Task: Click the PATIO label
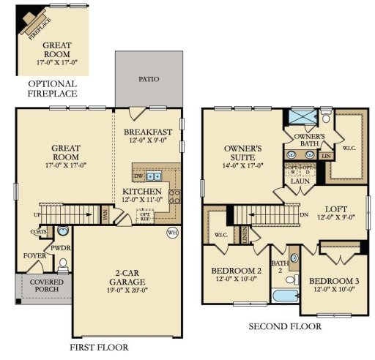(148, 80)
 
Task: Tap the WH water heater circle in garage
(173, 233)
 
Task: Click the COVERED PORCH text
(45, 285)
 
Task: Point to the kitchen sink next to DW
(154, 176)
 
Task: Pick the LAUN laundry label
(300, 181)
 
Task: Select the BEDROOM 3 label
(332, 282)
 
